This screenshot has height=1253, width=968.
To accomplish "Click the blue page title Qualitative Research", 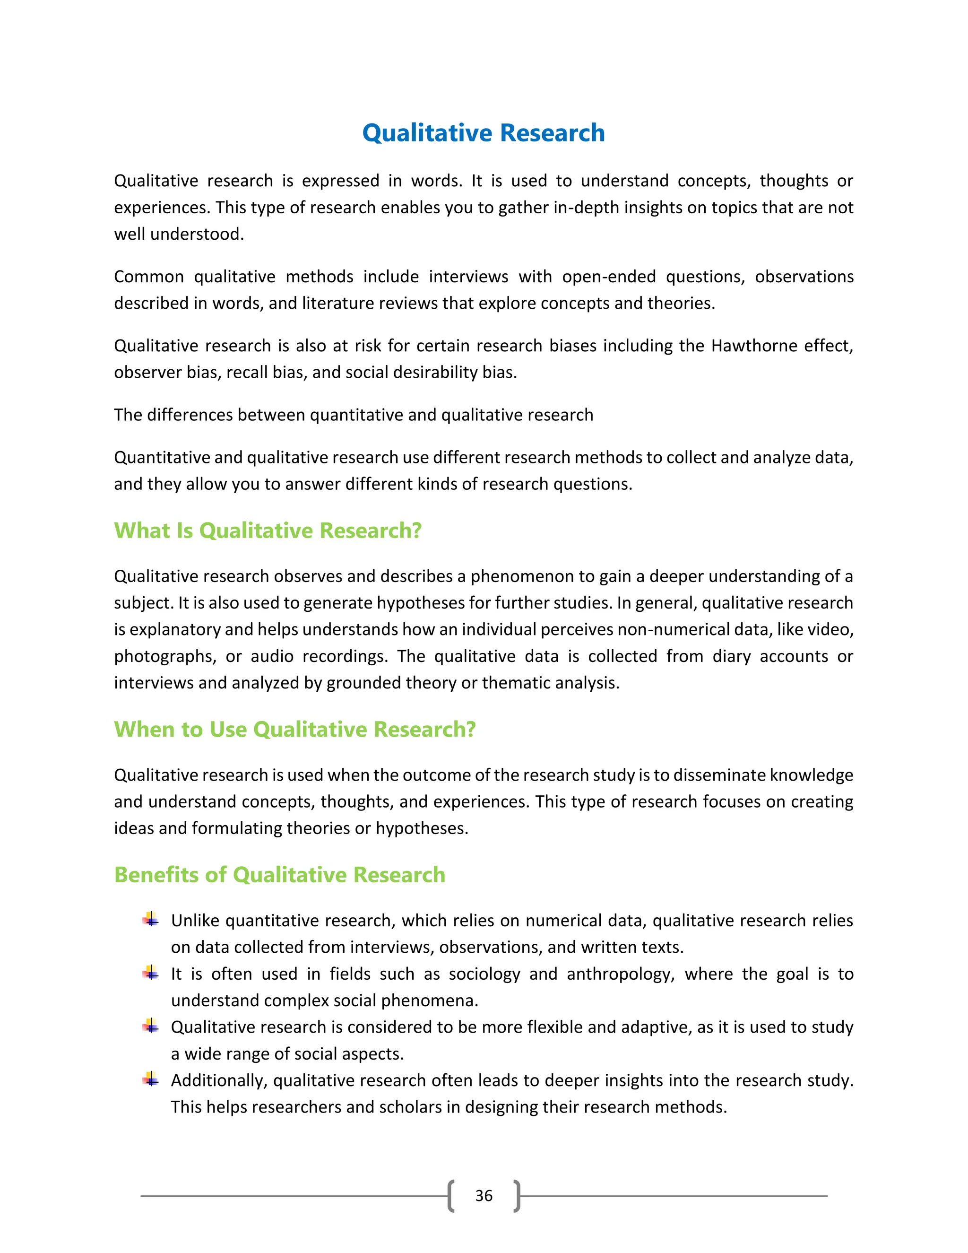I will pyautogui.click(x=484, y=133).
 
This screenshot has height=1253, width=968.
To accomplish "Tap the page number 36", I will pyautogui.click(x=484, y=1196).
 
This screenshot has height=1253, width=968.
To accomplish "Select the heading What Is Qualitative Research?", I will pyautogui.click(x=268, y=531).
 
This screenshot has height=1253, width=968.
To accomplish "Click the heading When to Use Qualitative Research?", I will pyautogui.click(x=295, y=729).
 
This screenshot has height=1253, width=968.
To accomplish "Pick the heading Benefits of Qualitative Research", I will pyautogui.click(x=279, y=875).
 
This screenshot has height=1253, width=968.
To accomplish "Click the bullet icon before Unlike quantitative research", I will pyautogui.click(x=151, y=920).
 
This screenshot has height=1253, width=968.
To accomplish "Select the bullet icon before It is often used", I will pyautogui.click(x=151, y=973).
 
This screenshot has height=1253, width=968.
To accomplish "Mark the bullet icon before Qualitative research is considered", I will pyautogui.click(x=151, y=1027).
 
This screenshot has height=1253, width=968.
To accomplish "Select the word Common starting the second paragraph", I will pyautogui.click(x=148, y=277).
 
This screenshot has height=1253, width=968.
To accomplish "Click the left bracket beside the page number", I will pyautogui.click(x=451, y=1196).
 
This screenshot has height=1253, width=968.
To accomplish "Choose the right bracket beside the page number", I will pyautogui.click(x=517, y=1196).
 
